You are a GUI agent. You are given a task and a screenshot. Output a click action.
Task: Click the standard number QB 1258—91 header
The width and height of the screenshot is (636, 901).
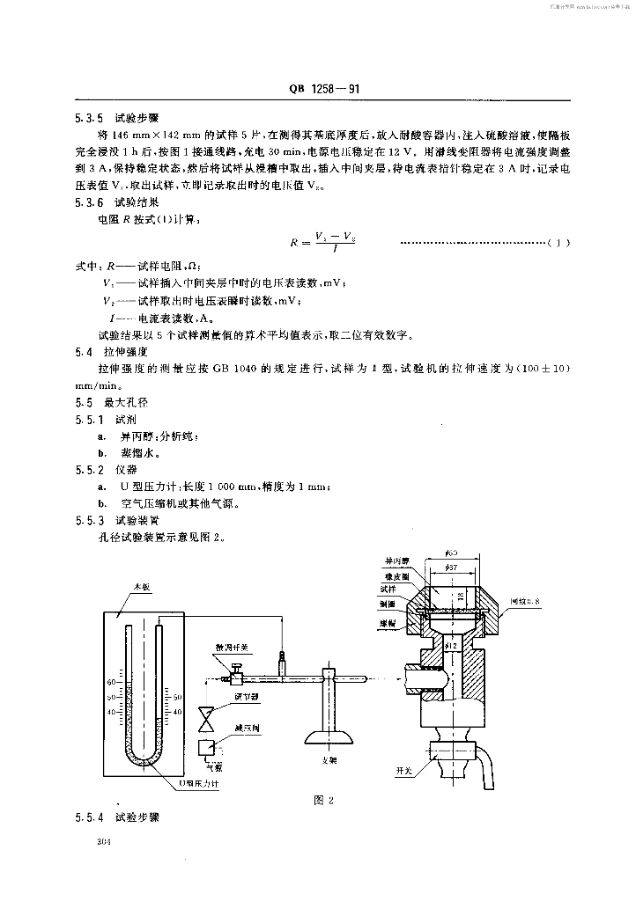tap(322, 90)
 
